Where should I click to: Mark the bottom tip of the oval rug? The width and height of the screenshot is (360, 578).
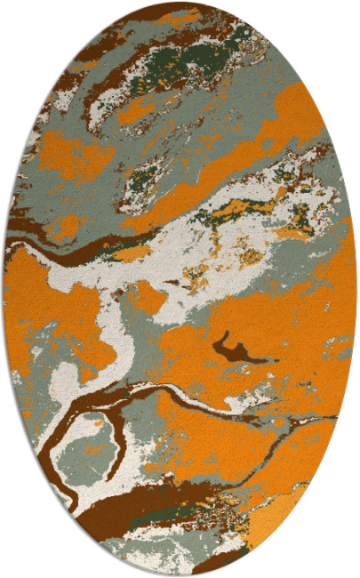[180, 575]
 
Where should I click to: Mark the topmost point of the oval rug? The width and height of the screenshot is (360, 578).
[180, 3]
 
